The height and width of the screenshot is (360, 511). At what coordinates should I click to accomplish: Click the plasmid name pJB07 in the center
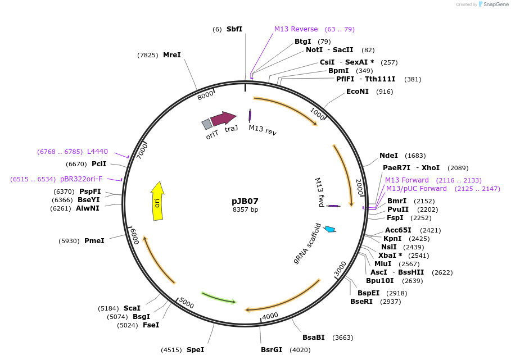point(245,200)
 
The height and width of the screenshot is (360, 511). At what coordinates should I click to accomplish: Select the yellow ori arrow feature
point(157,200)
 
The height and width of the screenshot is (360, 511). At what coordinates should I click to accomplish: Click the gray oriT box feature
point(207,124)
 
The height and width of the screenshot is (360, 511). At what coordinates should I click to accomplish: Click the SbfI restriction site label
point(234,29)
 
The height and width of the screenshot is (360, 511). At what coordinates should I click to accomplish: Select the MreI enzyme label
point(172,55)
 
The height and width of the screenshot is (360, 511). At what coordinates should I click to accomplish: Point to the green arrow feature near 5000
point(219,298)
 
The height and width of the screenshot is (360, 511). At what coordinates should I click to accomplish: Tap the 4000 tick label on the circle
point(270,316)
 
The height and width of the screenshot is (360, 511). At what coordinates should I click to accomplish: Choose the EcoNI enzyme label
point(358,92)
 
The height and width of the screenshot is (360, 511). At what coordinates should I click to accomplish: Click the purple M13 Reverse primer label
point(296,29)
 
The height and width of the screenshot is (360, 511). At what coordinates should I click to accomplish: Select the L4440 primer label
point(97,152)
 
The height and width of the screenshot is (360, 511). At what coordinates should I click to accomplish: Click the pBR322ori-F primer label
point(81,179)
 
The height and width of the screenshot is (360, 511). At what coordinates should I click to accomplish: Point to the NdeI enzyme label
point(388,156)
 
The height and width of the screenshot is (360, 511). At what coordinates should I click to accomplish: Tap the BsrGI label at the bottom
point(272,350)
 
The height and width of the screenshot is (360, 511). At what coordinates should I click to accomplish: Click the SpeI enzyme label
point(195,350)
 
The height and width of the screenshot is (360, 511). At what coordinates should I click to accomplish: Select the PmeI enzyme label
point(94,241)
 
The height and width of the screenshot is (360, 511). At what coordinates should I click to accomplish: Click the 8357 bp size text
point(245,209)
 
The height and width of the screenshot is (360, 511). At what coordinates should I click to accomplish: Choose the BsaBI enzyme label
point(314,338)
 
